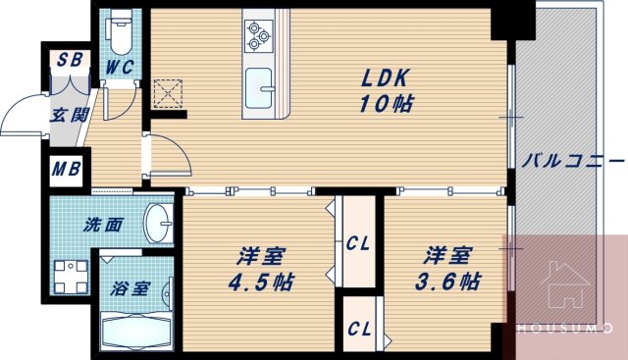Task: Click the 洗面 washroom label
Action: click(101, 225)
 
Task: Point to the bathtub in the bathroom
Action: click(137, 334)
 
